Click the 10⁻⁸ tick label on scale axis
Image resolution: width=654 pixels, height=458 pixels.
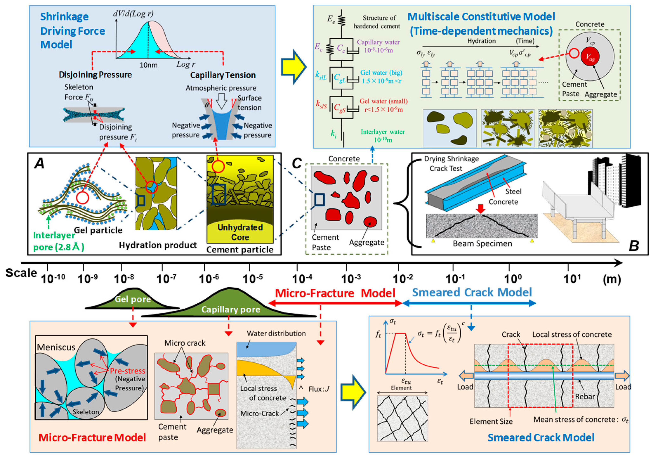(x=124, y=279)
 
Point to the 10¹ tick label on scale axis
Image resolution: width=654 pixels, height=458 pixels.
(x=572, y=279)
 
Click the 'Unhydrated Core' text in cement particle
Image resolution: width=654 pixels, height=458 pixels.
(x=240, y=232)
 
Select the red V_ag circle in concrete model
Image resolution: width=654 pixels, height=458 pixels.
(x=590, y=57)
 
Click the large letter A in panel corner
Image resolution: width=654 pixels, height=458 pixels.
(x=39, y=164)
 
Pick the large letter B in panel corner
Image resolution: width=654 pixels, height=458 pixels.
(x=634, y=245)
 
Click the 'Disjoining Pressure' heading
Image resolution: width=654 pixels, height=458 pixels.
(x=95, y=75)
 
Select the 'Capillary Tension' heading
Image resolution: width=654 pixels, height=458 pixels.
(x=223, y=75)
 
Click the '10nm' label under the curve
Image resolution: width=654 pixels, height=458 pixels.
(x=148, y=65)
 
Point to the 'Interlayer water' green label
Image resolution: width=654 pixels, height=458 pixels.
(x=383, y=132)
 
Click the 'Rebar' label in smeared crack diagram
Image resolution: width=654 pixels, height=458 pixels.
(x=585, y=397)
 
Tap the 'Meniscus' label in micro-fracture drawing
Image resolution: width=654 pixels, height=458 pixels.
(x=56, y=347)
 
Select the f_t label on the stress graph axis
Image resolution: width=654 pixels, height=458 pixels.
(x=378, y=335)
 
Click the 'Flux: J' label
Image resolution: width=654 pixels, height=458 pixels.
(x=319, y=389)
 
